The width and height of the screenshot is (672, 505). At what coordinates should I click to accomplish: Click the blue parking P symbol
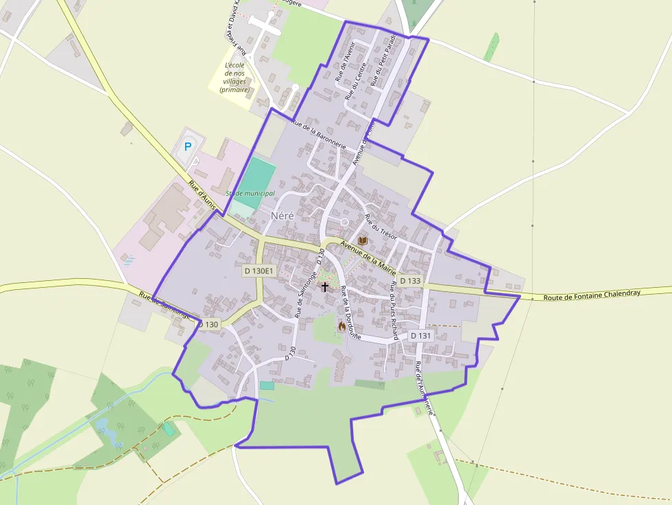(187, 146)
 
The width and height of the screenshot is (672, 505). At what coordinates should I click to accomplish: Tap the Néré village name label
(282, 215)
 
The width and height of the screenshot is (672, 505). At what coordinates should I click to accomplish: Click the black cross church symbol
(325, 286)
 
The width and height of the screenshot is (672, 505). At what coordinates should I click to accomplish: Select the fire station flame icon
(341, 326)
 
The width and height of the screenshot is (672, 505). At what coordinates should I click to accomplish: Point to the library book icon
(362, 241)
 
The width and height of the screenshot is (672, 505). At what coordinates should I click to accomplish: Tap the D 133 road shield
(410, 281)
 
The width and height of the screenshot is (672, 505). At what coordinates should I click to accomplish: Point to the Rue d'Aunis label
(202, 195)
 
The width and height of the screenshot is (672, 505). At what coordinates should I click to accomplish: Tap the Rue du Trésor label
(381, 227)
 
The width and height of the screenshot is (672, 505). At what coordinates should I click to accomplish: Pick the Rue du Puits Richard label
(394, 310)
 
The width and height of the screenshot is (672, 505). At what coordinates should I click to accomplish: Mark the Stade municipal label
(250, 194)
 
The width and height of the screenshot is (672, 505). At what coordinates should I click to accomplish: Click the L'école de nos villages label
(235, 77)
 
